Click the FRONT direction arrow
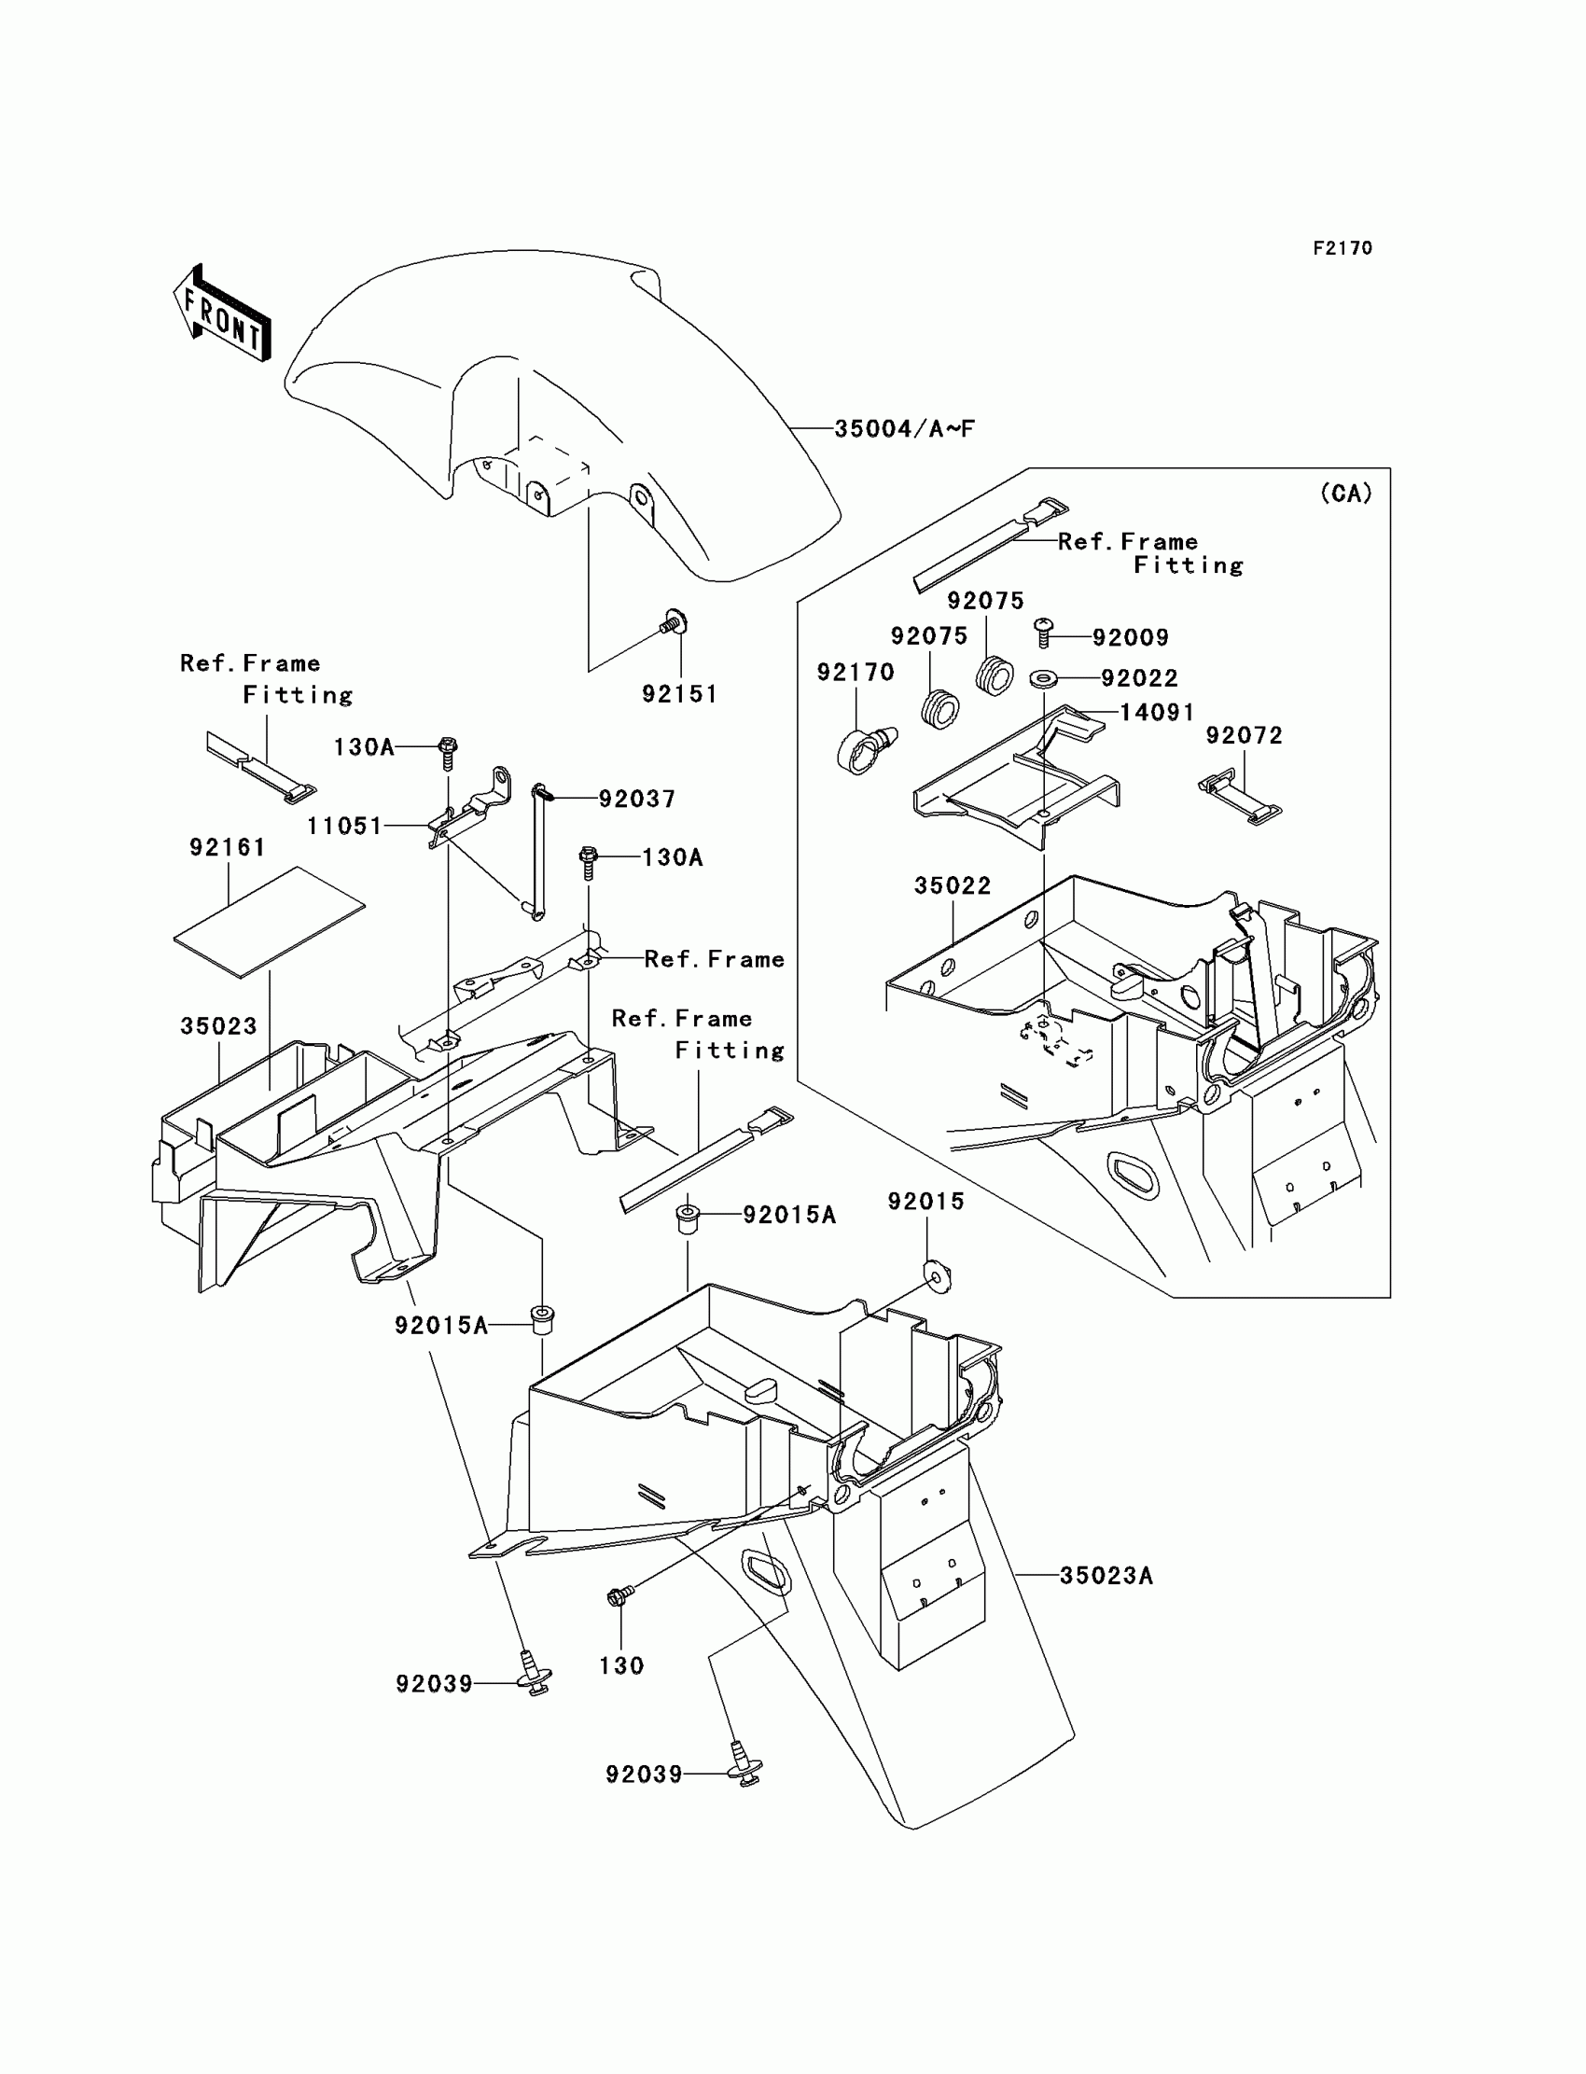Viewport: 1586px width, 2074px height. (x=223, y=313)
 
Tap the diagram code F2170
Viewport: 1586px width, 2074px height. (x=1343, y=248)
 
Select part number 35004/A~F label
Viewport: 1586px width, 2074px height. (x=903, y=429)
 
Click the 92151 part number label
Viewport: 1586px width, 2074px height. (x=680, y=695)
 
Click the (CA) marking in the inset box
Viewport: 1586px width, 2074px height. (x=1345, y=493)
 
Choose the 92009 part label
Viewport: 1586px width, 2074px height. (x=1130, y=638)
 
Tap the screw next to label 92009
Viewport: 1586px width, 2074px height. (x=1044, y=632)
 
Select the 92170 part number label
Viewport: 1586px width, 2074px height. (x=856, y=672)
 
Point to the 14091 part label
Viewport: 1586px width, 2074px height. (x=1157, y=713)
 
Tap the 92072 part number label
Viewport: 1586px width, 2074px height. (x=1245, y=735)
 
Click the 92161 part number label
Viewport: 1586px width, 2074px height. (x=228, y=848)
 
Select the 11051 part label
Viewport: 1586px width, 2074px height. (x=344, y=826)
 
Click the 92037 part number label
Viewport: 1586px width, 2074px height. (x=637, y=800)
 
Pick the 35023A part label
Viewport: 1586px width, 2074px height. (x=1106, y=1576)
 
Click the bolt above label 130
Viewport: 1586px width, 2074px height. (x=619, y=1595)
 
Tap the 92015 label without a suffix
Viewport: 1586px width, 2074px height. (x=926, y=1202)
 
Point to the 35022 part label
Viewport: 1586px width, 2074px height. (x=953, y=885)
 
